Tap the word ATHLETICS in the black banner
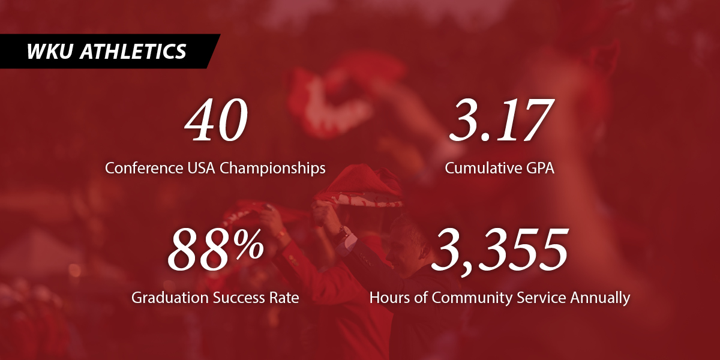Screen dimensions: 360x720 tap(133, 51)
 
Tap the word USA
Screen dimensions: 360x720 tap(199, 168)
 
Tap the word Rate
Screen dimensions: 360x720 tap(284, 298)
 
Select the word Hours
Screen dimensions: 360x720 tap(388, 298)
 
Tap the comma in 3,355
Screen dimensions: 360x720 tap(464, 264)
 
